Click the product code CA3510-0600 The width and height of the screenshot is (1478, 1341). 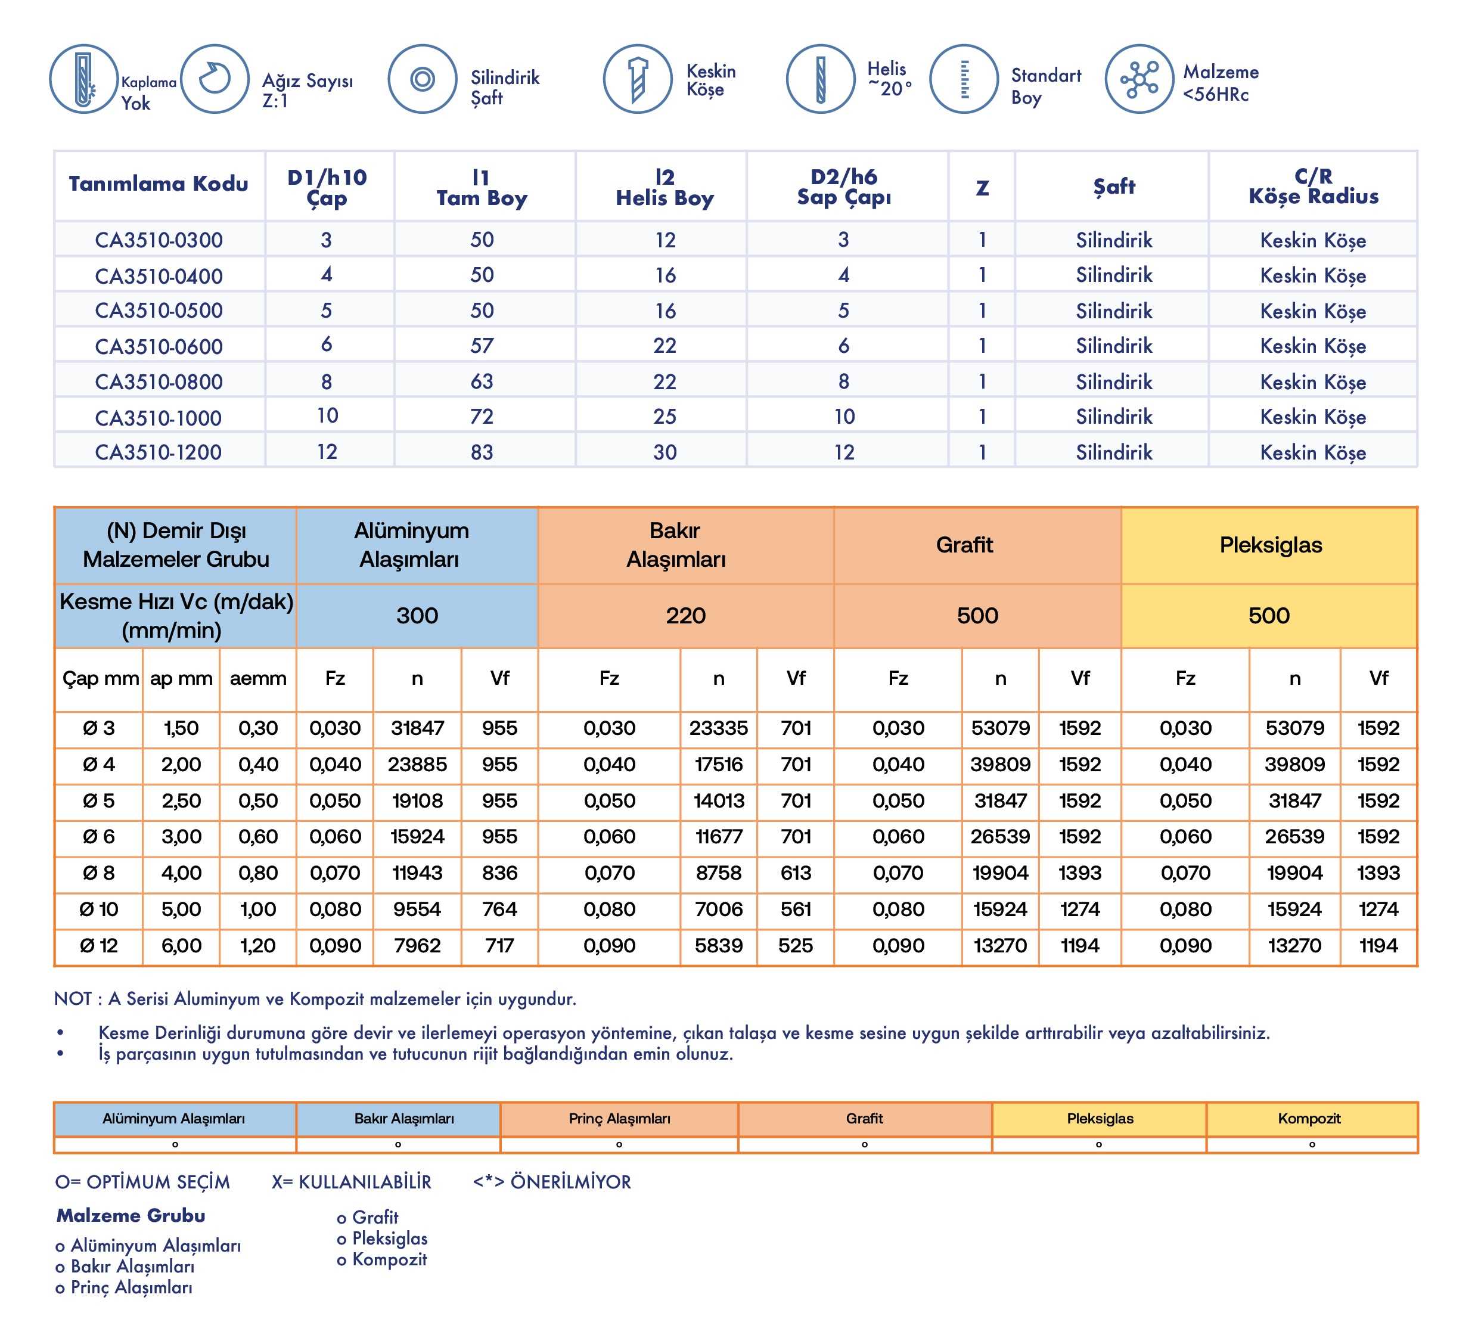[159, 346]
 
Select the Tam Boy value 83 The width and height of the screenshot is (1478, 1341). [482, 452]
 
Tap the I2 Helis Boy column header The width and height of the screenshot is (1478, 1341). [665, 188]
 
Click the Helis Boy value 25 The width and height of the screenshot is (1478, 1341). [665, 417]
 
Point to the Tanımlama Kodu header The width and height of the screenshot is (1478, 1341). [159, 184]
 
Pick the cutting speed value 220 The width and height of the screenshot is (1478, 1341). [685, 616]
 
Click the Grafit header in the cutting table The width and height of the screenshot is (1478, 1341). [964, 545]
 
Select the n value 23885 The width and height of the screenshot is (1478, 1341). [417, 765]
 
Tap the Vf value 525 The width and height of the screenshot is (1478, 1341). [796, 946]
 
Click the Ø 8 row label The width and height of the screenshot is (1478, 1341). [99, 873]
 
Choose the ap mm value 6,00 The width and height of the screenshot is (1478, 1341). [181, 946]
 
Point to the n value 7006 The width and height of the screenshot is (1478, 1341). [719, 909]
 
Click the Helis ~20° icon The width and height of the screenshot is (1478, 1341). [821, 79]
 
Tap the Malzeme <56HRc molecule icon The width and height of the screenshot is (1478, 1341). [1139, 79]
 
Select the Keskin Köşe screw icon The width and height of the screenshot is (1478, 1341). [637, 79]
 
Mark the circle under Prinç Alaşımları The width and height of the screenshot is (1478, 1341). [619, 1144]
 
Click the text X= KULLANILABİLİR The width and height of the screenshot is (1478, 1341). [351, 1182]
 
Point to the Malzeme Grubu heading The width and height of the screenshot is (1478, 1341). [131, 1216]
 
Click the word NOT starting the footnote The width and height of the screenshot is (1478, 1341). [73, 999]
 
